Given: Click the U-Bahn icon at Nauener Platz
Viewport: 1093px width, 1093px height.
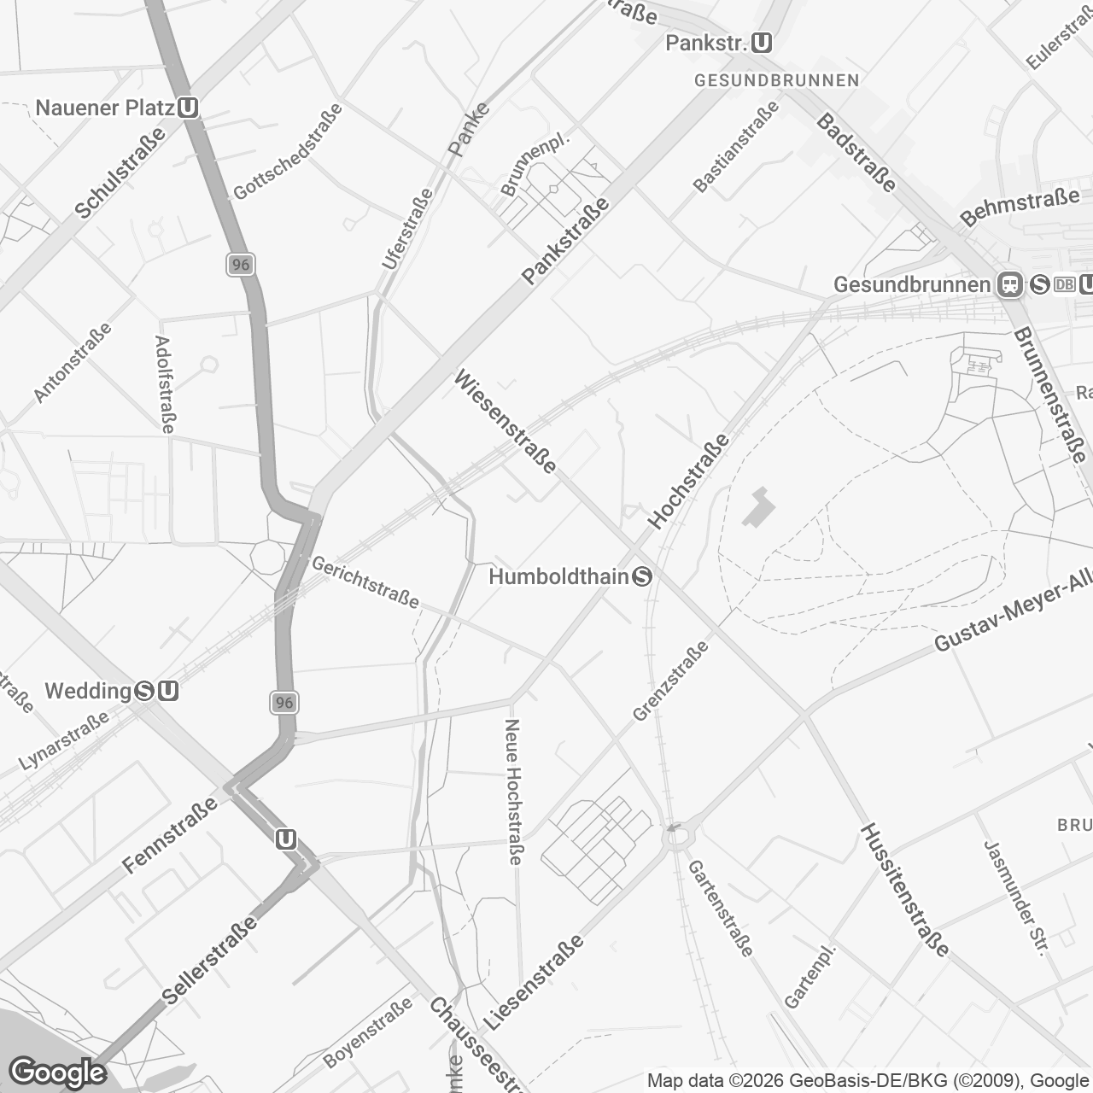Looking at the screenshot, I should pyautogui.click(x=189, y=108).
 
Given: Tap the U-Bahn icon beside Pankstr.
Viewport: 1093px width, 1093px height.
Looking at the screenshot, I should pyautogui.click(x=763, y=43).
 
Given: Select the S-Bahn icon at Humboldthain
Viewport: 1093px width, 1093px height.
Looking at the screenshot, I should pyautogui.click(x=642, y=577).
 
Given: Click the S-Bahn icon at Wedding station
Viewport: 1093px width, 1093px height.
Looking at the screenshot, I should pyautogui.click(x=144, y=691).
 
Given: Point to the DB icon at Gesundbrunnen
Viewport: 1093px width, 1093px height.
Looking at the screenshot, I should pyautogui.click(x=1064, y=284).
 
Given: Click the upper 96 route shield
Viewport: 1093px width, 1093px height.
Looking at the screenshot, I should pyautogui.click(x=241, y=265).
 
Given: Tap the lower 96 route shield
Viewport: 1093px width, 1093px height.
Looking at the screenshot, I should pyautogui.click(x=284, y=703).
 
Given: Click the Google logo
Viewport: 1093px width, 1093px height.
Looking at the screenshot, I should pyautogui.click(x=57, y=1073).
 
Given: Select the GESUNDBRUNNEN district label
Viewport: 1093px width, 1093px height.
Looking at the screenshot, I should pyautogui.click(x=776, y=80).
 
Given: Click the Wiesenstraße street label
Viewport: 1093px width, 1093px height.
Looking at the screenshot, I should pyautogui.click(x=506, y=420).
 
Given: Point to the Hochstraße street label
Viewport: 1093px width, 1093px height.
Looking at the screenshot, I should pyautogui.click(x=689, y=481).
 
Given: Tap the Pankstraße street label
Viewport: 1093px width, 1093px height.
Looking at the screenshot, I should pyautogui.click(x=566, y=241).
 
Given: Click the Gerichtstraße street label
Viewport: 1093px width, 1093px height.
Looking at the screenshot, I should pyautogui.click(x=365, y=582).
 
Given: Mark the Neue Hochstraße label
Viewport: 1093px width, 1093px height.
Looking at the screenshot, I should pyautogui.click(x=512, y=791).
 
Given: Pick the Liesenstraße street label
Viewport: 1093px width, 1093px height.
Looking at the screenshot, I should pyautogui.click(x=534, y=982).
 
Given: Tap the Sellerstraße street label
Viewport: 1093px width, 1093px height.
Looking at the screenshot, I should pyautogui.click(x=209, y=960).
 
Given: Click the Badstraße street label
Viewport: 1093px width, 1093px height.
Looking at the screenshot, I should pyautogui.click(x=856, y=154).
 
